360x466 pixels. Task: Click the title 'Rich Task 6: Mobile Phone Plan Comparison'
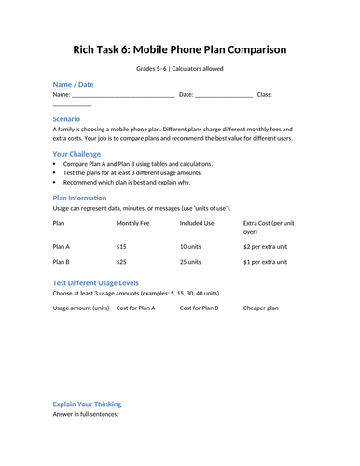coord(180,49)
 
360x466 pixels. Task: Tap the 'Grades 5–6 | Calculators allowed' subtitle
coord(180,69)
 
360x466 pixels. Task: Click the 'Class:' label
coord(264,95)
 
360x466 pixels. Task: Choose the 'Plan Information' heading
coord(79,198)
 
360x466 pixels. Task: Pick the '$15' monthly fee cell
coord(121,247)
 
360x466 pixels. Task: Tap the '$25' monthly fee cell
coord(121,262)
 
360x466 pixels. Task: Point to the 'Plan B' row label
coord(62,262)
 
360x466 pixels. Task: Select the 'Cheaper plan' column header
coord(261,308)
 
